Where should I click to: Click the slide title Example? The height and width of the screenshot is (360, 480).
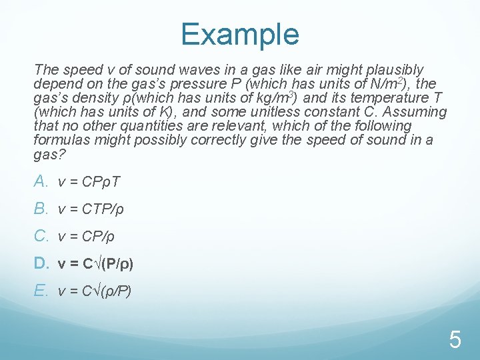coord(239,33)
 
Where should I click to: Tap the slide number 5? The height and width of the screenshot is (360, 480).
coord(455,340)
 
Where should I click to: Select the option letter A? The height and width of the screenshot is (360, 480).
coord(41,181)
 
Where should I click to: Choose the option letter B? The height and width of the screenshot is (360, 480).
coord(41,209)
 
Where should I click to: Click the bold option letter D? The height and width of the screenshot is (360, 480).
coord(41,263)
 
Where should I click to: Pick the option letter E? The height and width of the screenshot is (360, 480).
coord(41,291)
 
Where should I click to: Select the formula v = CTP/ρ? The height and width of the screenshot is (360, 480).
coord(91,209)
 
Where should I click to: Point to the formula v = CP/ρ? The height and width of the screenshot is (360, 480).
coord(87,237)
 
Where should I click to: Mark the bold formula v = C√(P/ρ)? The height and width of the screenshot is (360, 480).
coord(95,264)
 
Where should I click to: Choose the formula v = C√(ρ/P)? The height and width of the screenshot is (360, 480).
coord(95,291)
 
